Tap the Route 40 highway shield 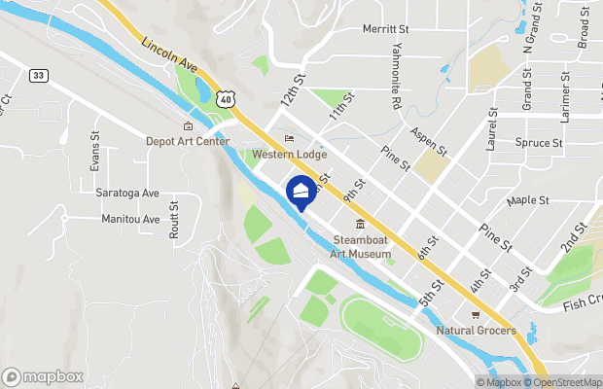[x=226, y=98]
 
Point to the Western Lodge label [x=289, y=155]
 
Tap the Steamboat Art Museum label [x=361, y=247]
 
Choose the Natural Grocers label [x=476, y=332]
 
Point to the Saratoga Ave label [x=127, y=193]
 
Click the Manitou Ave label [x=130, y=220]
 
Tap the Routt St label [x=175, y=220]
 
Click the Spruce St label [x=539, y=143]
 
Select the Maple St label [x=528, y=200]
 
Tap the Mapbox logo [x=43, y=376]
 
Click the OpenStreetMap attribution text [x=564, y=382]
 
